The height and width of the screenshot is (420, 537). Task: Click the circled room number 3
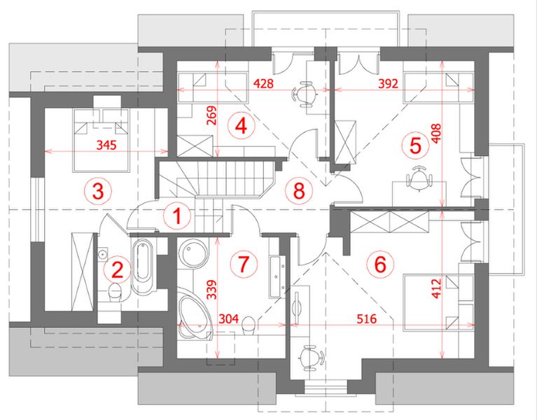click(x=98, y=191)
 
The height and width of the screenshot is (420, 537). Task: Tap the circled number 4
click(x=241, y=126)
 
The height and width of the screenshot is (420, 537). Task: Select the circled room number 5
click(x=415, y=146)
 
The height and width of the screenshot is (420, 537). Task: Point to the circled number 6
click(x=380, y=264)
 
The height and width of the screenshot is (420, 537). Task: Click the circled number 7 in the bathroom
click(x=244, y=264)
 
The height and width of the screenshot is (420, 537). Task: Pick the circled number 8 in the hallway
click(x=299, y=190)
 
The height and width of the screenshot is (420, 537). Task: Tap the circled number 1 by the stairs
click(x=176, y=216)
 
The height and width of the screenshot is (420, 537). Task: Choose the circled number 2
click(x=117, y=269)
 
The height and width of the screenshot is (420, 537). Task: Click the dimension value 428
click(x=263, y=83)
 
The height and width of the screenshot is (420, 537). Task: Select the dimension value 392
click(x=388, y=83)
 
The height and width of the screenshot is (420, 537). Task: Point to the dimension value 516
click(x=366, y=318)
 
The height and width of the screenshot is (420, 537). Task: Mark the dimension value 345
click(x=106, y=145)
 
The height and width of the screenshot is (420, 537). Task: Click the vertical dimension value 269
click(x=212, y=115)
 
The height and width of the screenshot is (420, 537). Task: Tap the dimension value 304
click(x=228, y=318)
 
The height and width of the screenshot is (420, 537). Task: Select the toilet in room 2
click(x=115, y=293)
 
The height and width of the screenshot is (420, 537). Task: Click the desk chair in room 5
click(x=419, y=176)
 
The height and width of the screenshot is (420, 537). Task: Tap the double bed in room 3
click(x=101, y=140)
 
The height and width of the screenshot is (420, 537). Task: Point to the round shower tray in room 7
click(x=193, y=253)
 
